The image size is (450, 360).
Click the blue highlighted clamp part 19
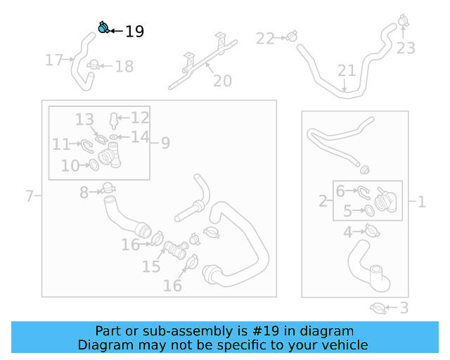103,28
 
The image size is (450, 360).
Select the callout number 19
134,32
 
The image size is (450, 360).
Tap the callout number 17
54,60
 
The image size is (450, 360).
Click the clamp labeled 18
93,66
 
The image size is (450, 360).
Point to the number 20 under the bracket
222,82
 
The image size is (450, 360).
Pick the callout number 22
265,39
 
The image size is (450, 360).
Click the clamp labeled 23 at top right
403,20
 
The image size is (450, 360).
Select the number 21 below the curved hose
347,71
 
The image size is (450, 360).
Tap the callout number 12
140,118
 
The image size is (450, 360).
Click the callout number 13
85,120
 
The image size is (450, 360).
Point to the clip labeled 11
86,145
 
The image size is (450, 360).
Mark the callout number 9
165,143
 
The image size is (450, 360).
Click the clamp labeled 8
108,188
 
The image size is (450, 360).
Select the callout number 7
30,195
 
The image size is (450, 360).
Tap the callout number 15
151,266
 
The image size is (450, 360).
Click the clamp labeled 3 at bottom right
378,307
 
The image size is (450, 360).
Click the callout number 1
421,202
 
